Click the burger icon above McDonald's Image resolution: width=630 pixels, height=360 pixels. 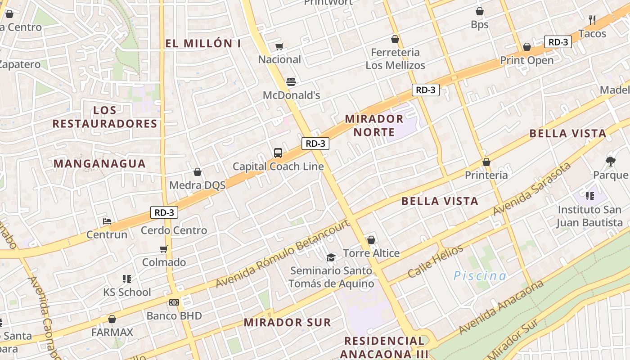(x=291, y=82)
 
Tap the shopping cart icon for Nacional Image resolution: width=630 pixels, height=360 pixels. (x=279, y=46)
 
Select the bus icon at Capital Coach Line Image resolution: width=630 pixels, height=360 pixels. (x=278, y=153)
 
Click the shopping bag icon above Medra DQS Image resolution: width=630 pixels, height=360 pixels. (x=197, y=172)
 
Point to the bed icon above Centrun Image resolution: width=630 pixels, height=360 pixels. (x=107, y=221)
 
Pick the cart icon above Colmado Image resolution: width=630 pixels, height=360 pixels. (x=164, y=249)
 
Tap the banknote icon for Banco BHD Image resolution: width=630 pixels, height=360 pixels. (x=174, y=302)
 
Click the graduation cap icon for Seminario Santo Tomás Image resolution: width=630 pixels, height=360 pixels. (x=331, y=257)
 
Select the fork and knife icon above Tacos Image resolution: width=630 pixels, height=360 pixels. (x=592, y=20)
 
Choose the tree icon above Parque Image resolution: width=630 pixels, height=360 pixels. (x=611, y=161)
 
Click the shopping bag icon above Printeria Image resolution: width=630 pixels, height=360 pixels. (x=486, y=162)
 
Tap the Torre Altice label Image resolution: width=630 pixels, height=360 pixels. (x=371, y=253)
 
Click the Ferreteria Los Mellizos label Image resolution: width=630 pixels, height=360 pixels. (x=395, y=59)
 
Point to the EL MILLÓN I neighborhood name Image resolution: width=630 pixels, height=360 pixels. (x=203, y=44)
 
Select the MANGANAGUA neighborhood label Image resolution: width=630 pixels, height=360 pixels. (x=99, y=164)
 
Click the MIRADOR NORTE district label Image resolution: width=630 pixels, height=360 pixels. (x=374, y=126)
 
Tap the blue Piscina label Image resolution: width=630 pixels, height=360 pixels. (x=480, y=276)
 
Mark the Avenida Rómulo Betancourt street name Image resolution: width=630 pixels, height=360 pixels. (x=283, y=254)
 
